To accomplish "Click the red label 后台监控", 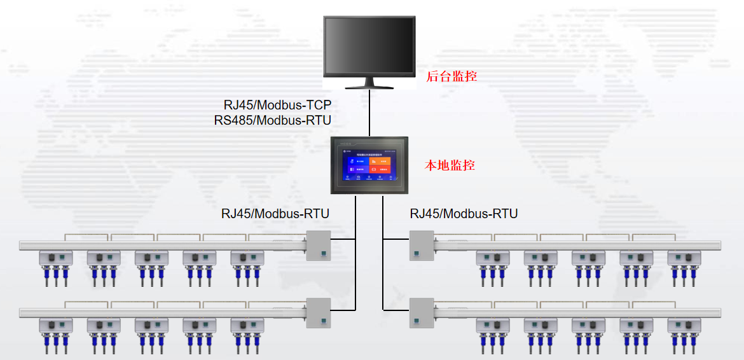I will click(451, 76).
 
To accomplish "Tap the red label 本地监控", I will click(450, 165).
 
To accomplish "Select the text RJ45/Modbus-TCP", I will click(277, 104).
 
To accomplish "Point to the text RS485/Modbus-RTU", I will click(273, 120).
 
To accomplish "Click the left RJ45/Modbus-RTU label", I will click(275, 214).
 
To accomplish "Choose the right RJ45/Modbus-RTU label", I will click(464, 214).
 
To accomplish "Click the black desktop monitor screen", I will click(369, 47).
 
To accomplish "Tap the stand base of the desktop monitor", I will click(369, 86).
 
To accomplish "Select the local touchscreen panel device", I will click(369, 165).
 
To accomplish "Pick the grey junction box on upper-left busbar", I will click(319, 245).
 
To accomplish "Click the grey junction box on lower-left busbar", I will click(319, 313).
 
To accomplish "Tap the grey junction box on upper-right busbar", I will click(421, 245).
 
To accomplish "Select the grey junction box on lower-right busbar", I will click(421, 313).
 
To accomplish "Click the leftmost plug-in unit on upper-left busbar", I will click(56, 258).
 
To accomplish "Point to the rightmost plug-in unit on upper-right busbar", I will click(684, 258).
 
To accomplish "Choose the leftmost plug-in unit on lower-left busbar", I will click(56, 326).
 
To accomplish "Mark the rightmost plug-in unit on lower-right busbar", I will click(684, 326).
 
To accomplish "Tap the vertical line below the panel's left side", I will click(355, 254).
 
